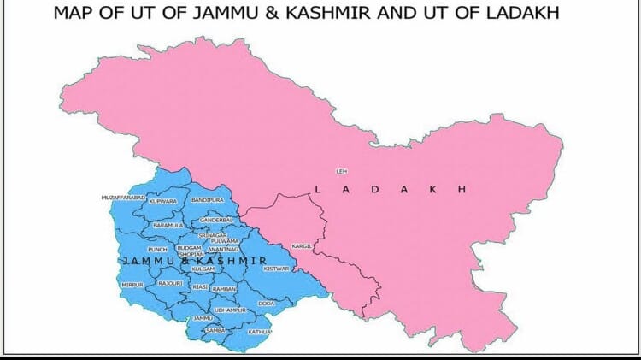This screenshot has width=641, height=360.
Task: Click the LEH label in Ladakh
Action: coord(342,172)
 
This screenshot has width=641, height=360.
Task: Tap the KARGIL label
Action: coord(302,246)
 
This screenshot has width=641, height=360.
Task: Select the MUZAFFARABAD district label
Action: coord(124,198)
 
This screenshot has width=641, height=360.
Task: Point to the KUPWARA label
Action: coord(162,202)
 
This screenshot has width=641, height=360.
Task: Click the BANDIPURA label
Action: coord(207,199)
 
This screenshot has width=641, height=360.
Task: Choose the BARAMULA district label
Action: coord(168,225)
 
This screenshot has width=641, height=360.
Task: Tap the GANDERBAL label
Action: coord(216,220)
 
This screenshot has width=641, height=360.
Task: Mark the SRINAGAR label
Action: coord(213,234)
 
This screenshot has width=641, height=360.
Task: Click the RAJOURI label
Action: coord(171,282)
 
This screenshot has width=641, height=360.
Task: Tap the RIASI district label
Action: coord(200,287)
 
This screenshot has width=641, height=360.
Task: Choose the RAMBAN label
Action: coord(224,289)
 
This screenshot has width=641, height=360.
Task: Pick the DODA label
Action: coord(266,303)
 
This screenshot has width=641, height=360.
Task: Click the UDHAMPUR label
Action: coord(230,310)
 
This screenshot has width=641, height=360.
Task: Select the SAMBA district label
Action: coord(215,329)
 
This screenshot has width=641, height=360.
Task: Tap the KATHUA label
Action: coord(259,331)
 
